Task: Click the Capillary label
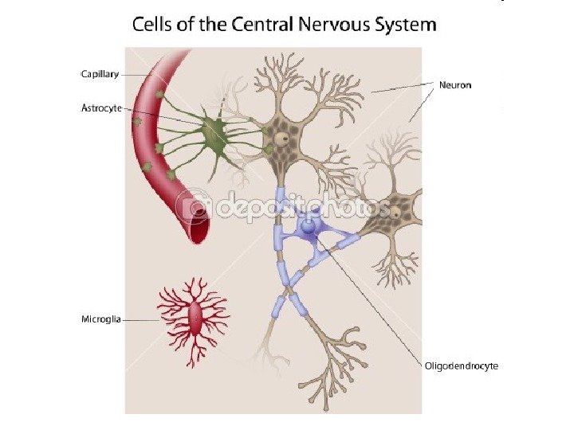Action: [100, 74]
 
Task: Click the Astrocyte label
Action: [101, 108]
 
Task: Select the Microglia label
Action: [101, 319]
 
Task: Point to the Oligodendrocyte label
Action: [460, 365]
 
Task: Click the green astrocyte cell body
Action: [213, 132]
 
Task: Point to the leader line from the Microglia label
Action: [143, 320]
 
